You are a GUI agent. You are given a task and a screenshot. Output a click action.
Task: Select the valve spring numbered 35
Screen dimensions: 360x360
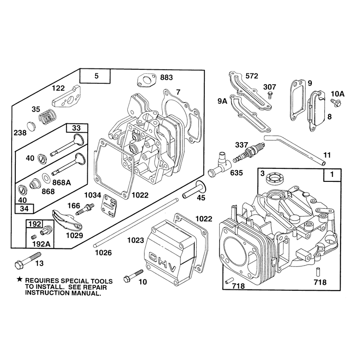coord(47,116)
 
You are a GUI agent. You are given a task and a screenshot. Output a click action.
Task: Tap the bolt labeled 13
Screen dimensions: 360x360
coord(27,261)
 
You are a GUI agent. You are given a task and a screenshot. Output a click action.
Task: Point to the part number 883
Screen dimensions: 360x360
coord(166,77)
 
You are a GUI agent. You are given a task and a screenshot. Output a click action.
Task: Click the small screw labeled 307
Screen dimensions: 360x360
coord(271,95)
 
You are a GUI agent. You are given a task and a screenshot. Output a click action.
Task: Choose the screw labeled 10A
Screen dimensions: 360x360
coord(336,103)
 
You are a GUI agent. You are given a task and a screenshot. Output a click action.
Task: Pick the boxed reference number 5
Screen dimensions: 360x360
coord(96,76)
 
